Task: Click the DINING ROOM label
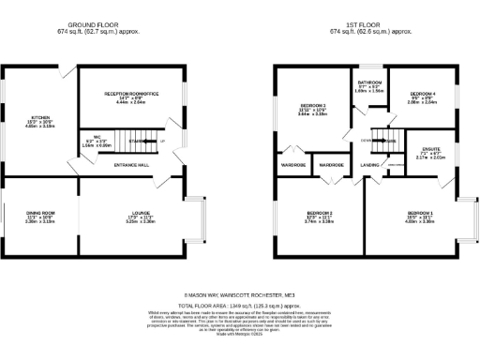39,214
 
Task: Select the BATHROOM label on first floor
370,83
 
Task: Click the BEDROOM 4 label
423,95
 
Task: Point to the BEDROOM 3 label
313,106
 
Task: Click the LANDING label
369,165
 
